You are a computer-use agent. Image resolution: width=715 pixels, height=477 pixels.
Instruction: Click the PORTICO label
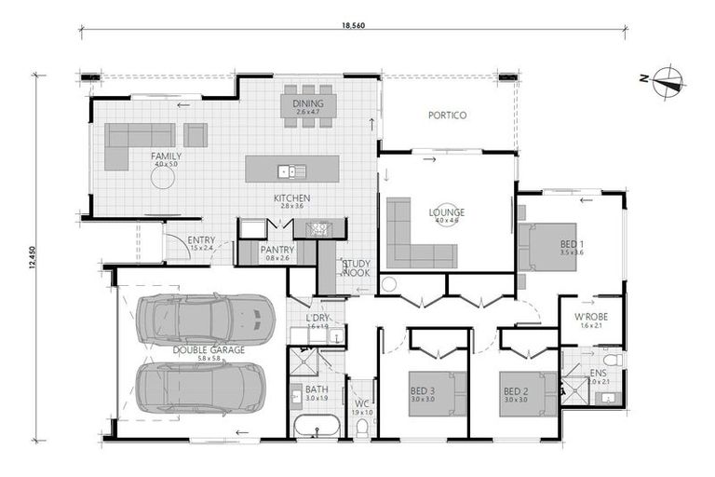447,116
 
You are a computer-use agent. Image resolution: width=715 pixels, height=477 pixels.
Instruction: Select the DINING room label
307,105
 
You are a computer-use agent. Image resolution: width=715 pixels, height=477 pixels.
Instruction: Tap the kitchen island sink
291,170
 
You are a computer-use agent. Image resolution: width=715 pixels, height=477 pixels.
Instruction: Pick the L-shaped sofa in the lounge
414,238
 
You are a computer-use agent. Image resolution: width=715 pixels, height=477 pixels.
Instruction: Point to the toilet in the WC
362,427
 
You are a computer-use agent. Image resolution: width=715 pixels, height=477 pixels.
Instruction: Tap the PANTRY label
277,250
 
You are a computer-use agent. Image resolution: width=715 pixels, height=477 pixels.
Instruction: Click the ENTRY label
201,240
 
